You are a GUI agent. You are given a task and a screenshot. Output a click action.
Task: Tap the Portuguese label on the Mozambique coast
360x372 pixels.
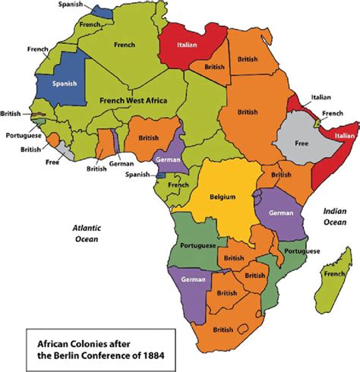click(x=300, y=251)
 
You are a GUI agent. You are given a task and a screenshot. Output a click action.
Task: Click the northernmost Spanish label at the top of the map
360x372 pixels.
click(x=73, y=6)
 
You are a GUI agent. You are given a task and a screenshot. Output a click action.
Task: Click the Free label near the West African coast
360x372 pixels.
click(x=52, y=162)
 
